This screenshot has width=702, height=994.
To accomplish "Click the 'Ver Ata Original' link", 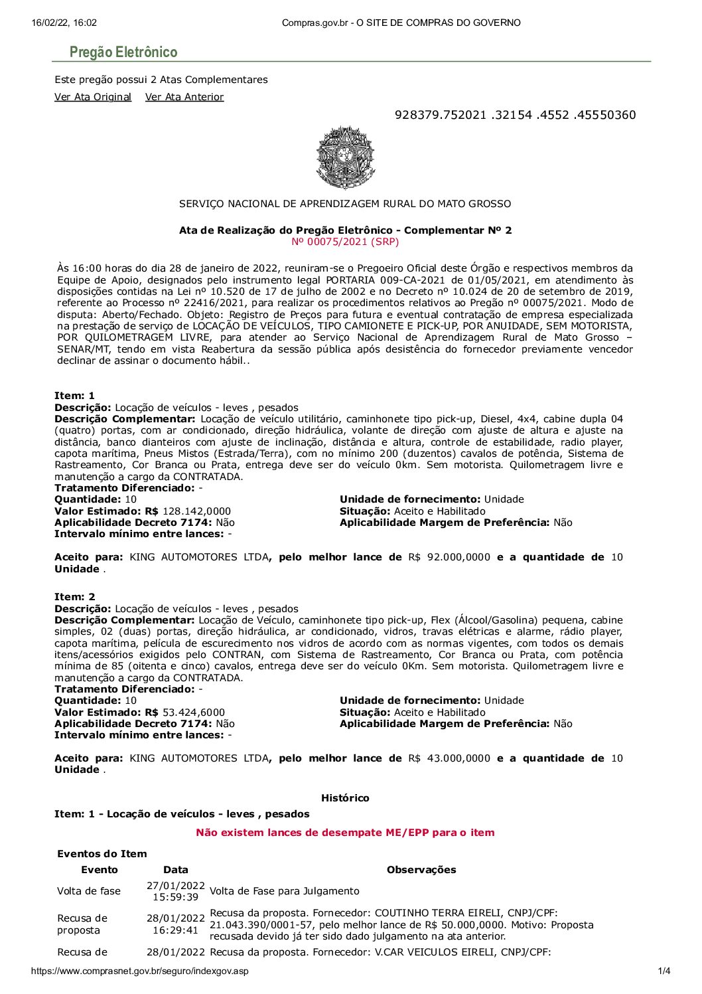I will point(93,97).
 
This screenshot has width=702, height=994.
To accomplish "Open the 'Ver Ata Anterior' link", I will point(184,97).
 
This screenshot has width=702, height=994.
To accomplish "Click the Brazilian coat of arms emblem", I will point(345,157).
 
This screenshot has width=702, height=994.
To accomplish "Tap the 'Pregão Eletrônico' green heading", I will point(123,52).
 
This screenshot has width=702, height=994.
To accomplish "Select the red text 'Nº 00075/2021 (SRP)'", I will point(345,242).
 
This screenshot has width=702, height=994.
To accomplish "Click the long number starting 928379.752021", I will point(515,115).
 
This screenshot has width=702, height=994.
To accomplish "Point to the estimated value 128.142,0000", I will point(196,511).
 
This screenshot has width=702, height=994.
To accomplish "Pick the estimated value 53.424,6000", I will point(194,712).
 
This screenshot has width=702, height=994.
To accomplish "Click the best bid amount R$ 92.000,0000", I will point(449,557).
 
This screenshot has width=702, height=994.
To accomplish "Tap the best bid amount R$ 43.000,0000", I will point(449,758).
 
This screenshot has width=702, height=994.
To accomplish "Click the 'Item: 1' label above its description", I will point(74,396).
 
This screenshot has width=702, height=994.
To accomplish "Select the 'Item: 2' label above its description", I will point(74,597).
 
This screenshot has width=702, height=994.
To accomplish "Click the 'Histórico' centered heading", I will point(345,798).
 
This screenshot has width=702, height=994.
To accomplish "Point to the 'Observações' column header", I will point(421,870).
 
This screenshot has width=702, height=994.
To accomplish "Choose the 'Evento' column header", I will point(100,870).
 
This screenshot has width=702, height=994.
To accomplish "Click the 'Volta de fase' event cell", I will point(89,891).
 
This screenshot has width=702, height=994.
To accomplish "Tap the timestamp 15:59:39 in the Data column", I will point(176,897).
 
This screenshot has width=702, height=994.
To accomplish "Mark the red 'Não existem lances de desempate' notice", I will point(345,833).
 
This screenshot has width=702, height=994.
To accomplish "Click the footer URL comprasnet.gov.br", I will point(139,971).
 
